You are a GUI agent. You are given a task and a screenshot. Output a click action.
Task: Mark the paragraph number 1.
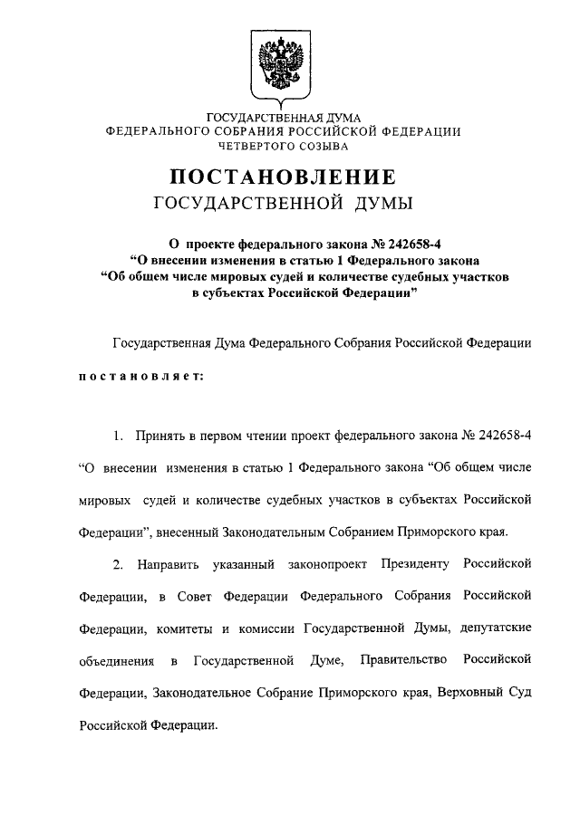tap(118, 436)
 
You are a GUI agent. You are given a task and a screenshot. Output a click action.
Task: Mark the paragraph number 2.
tap(118, 564)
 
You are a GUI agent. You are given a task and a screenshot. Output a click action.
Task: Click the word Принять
tap(161, 436)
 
